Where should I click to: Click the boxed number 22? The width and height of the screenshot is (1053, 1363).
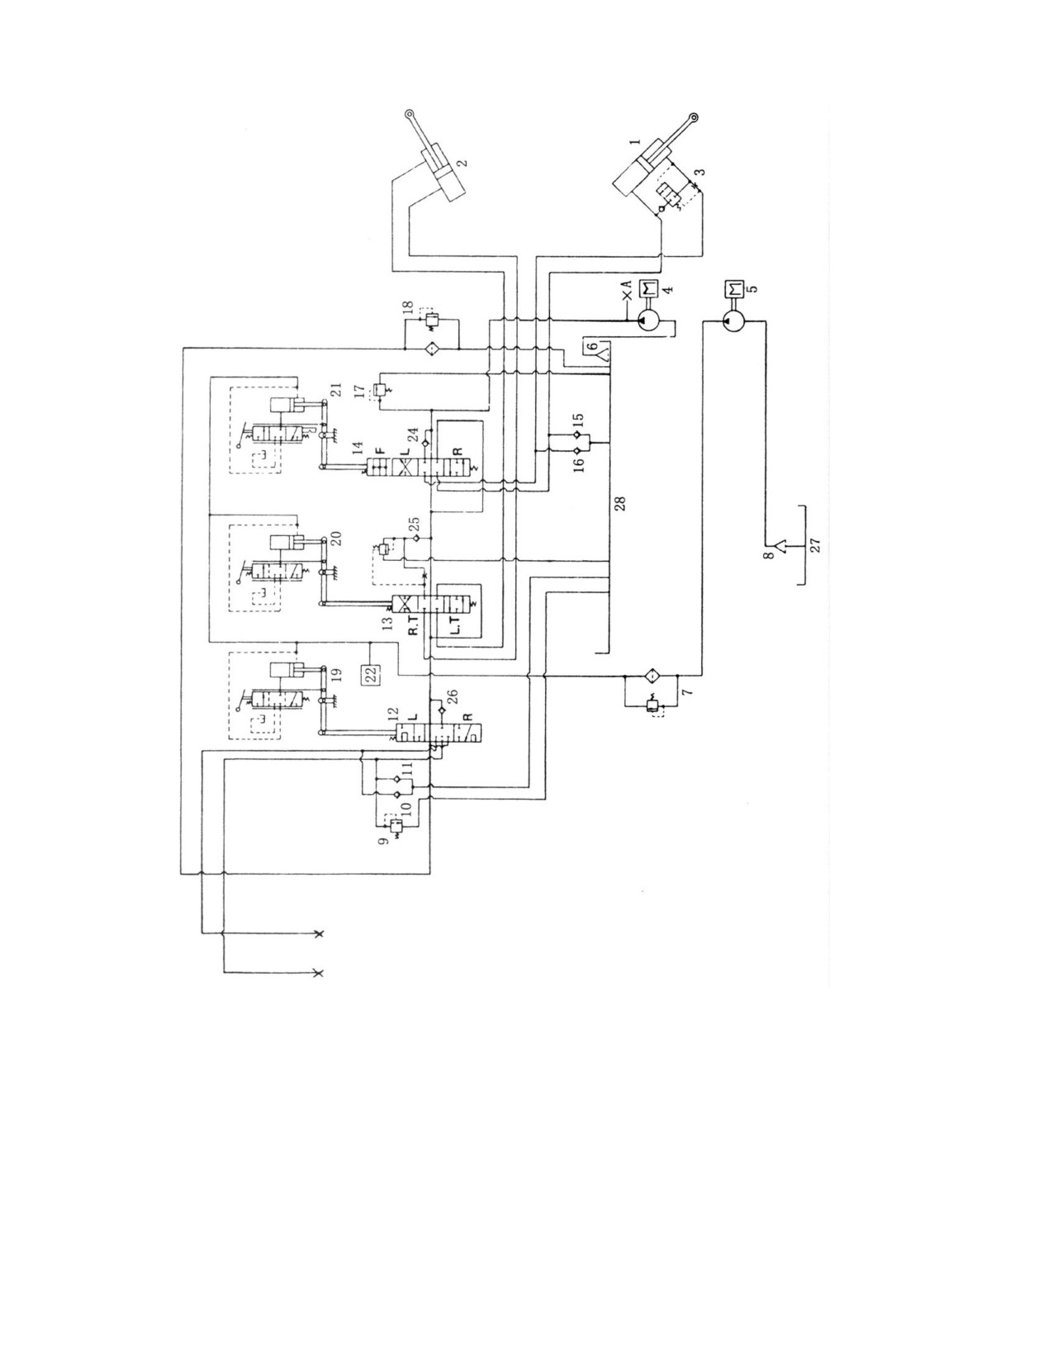(371, 674)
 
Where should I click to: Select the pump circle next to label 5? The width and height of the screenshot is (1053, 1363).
(731, 321)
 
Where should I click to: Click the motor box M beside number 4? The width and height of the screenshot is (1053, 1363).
(647, 290)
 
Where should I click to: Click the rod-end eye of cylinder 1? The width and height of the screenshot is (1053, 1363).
(695, 116)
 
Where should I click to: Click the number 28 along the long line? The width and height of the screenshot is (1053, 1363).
(620, 502)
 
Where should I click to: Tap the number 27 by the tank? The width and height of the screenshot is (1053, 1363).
(814, 546)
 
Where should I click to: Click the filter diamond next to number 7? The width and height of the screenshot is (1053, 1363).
(650, 677)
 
